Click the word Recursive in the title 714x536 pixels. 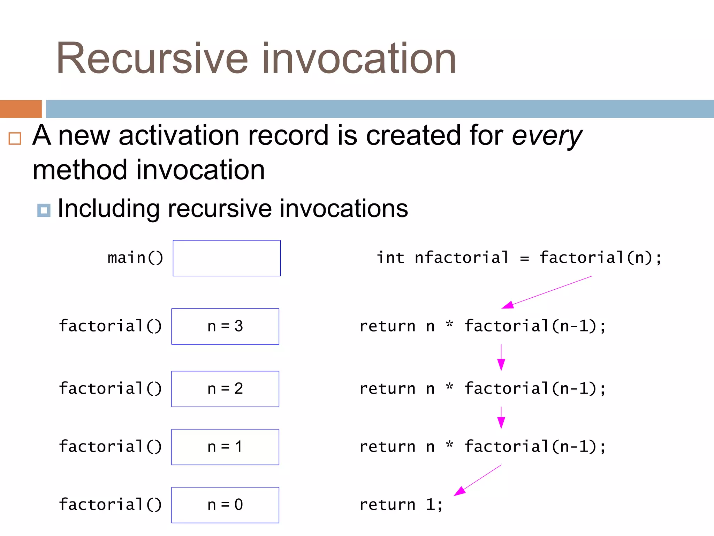[x=152, y=58]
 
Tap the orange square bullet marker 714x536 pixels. [x=15, y=139]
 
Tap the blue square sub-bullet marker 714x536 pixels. [x=44, y=210]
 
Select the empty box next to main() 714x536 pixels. [x=227, y=258]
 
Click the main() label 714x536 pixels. [x=135, y=258]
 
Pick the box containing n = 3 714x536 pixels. [x=225, y=327]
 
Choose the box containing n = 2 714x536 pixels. [x=225, y=389]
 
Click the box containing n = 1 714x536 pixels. [x=225, y=447]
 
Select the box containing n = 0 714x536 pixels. [x=225, y=505]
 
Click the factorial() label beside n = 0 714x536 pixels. [x=110, y=505]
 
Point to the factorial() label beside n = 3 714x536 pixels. [x=110, y=326]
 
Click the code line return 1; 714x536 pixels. [x=401, y=505]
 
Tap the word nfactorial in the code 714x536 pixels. [x=462, y=258]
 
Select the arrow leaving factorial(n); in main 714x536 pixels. [x=547, y=292]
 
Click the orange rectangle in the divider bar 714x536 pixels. [x=21, y=109]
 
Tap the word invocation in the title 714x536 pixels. [x=359, y=58]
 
